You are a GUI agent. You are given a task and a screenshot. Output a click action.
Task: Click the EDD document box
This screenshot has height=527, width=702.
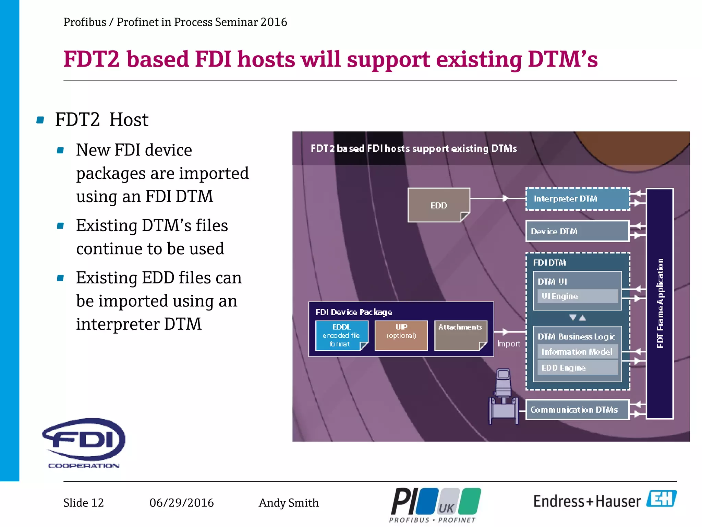point(438,205)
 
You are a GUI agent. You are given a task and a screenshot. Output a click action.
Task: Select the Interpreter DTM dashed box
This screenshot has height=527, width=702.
point(577,199)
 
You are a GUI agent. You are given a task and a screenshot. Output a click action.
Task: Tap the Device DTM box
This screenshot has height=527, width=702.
point(577,231)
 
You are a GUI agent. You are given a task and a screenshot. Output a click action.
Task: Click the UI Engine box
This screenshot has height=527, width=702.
point(577,296)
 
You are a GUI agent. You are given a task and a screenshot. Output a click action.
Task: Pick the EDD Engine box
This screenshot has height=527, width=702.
point(577,368)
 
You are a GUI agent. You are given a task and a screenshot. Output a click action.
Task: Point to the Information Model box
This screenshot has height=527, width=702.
point(577,352)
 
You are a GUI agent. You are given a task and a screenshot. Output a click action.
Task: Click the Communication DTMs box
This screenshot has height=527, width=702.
point(577,410)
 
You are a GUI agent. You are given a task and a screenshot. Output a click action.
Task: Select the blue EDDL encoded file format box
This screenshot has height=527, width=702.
point(341,336)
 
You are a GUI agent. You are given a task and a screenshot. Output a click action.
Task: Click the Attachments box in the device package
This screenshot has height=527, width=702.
point(460,336)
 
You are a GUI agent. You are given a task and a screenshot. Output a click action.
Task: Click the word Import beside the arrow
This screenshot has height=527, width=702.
point(509,344)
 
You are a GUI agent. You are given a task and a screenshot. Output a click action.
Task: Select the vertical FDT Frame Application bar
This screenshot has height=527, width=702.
point(660,303)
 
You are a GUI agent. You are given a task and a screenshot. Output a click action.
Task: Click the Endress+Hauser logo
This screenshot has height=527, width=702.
point(605,501)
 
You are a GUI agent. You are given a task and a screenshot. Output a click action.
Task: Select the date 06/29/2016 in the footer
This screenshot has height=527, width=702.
point(181,503)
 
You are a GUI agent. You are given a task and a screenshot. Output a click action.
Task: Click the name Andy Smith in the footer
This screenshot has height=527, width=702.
point(289,503)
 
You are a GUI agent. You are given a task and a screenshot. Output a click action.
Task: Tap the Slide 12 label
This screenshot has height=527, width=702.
point(83,503)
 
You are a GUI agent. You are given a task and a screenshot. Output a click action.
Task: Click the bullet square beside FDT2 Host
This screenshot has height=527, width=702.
point(40,120)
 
